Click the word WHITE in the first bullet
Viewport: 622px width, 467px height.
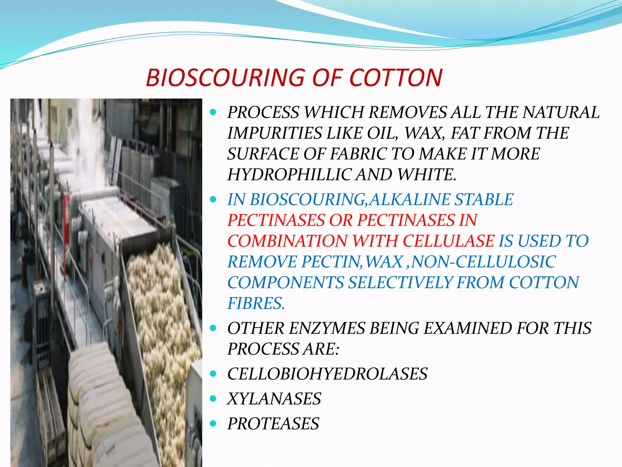pyautogui.click(x=426, y=175)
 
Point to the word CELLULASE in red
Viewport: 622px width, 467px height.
pyautogui.click(x=449, y=241)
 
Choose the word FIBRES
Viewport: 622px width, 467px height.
pyautogui.click(x=256, y=303)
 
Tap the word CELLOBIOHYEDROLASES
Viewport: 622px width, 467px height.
pyautogui.click(x=327, y=374)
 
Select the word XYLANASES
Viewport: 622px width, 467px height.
pyautogui.click(x=274, y=399)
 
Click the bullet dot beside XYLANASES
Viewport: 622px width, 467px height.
pyautogui.click(x=213, y=399)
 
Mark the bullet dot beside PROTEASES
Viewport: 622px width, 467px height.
pyautogui.click(x=213, y=424)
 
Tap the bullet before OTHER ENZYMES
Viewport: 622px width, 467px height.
pyautogui.click(x=213, y=328)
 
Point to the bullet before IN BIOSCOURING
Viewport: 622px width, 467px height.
pyautogui.click(x=213, y=199)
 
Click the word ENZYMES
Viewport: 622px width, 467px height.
pyautogui.click(x=326, y=328)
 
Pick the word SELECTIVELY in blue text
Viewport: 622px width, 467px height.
pyautogui.click(x=400, y=283)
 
